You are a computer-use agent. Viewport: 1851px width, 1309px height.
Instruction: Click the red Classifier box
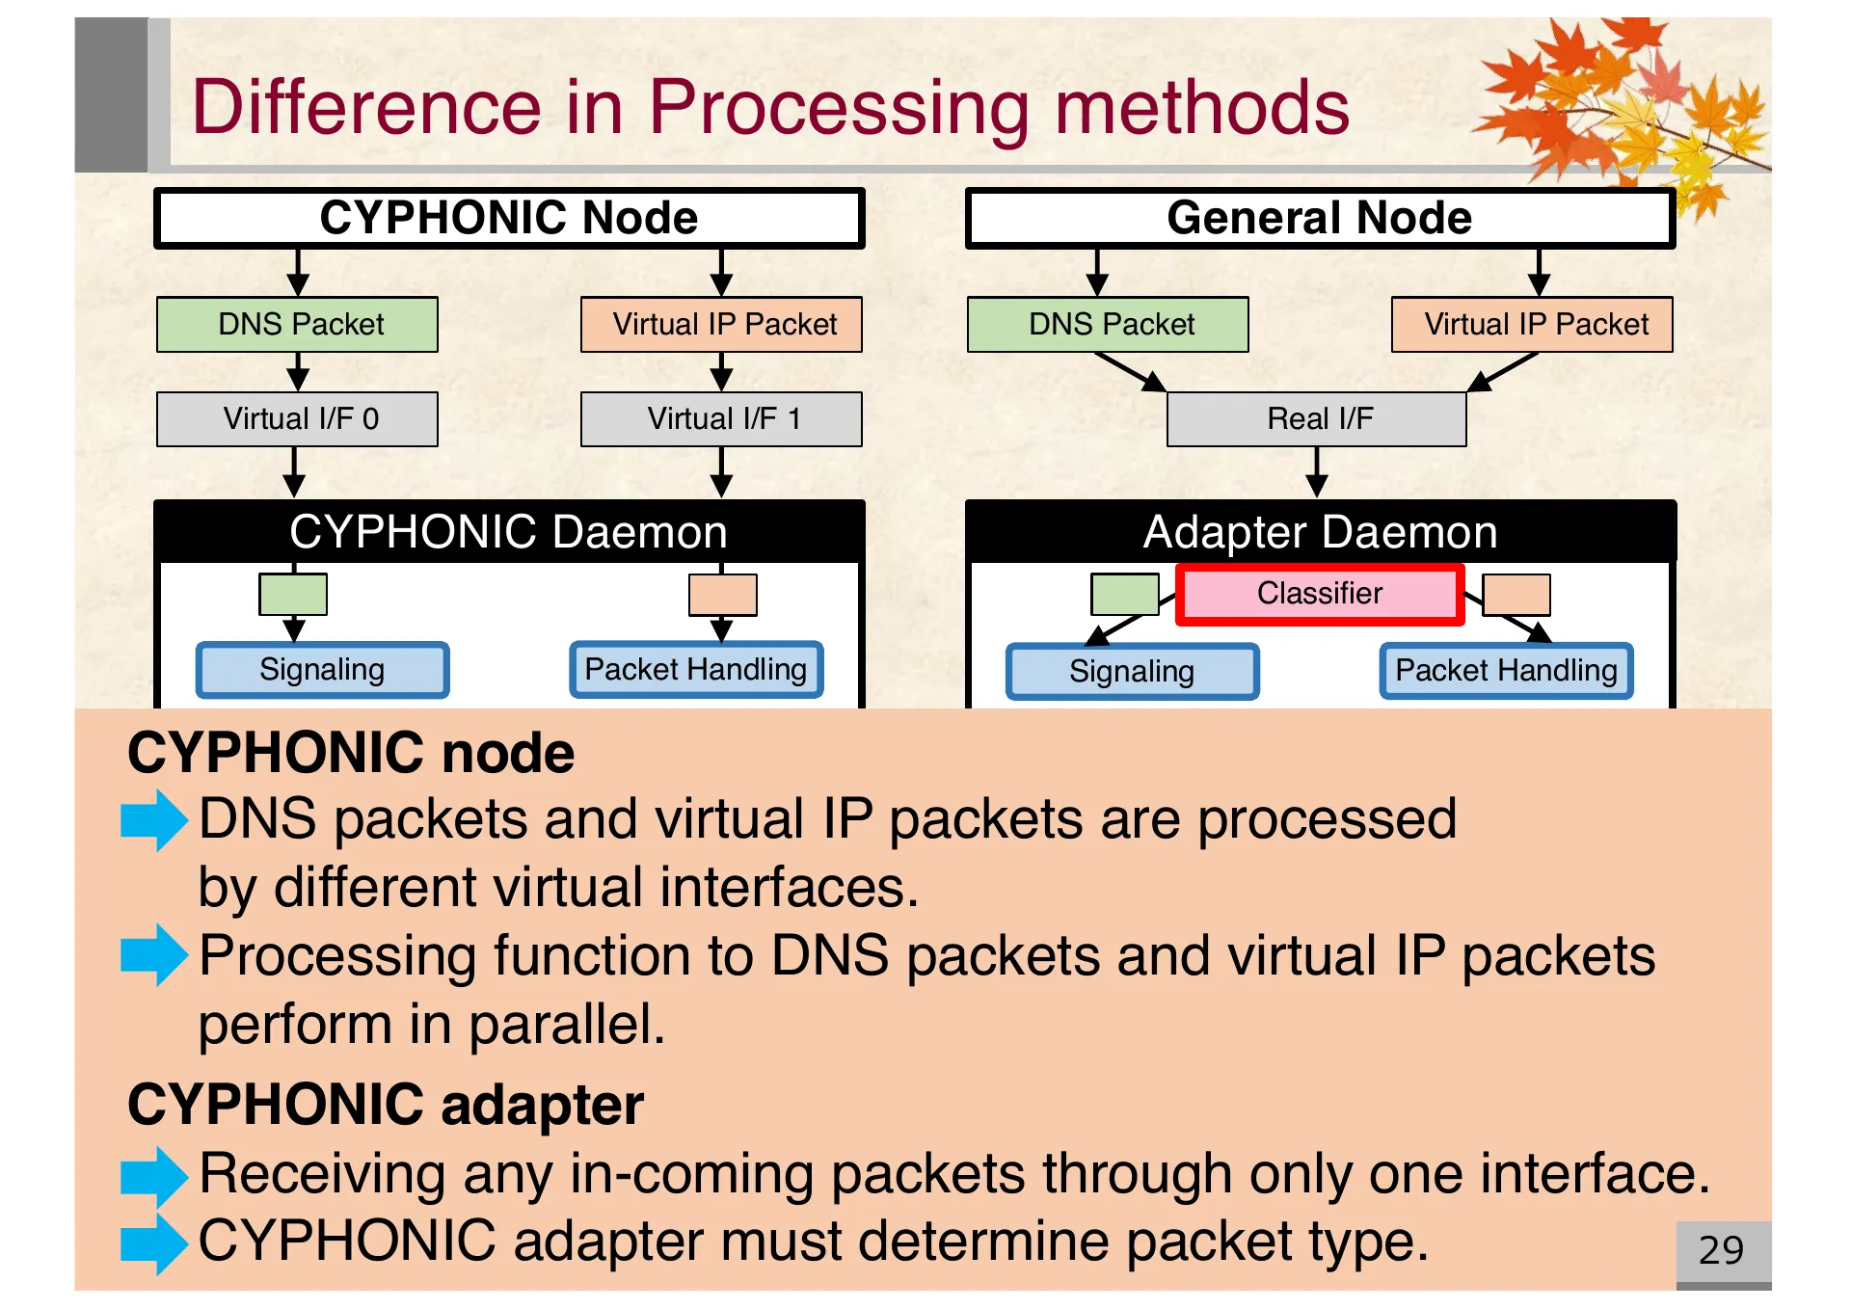[1319, 594]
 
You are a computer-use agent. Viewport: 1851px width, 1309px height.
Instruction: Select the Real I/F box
[1316, 419]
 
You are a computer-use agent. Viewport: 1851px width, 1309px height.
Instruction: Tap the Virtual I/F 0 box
[297, 419]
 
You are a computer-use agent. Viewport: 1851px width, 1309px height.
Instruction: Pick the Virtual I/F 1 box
[721, 419]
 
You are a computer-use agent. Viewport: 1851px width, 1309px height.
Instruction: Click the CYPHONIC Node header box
[508, 219]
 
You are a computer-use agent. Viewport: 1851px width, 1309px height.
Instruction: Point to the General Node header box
[1319, 219]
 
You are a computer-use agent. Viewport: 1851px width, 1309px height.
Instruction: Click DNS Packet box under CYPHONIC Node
[297, 325]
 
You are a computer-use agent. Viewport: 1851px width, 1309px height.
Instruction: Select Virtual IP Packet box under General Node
[1532, 325]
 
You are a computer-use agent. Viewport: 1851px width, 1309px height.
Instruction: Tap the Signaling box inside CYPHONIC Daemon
[322, 670]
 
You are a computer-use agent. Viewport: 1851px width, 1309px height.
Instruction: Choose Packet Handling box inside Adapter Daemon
[1506, 671]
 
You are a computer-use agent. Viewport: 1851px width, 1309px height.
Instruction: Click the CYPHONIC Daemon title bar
[508, 532]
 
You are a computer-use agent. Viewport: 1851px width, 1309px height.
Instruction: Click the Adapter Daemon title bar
[1319, 532]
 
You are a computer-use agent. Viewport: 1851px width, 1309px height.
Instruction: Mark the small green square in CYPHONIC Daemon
[293, 594]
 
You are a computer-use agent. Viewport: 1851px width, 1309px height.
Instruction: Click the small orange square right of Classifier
[1516, 595]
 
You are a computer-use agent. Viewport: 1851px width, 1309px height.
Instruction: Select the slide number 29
[1721, 1250]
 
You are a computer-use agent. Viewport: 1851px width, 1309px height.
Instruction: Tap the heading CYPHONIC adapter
[385, 1105]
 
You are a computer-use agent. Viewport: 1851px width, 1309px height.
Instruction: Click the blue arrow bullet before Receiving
[153, 1176]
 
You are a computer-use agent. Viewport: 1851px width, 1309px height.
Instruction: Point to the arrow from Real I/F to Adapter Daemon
[1317, 472]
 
